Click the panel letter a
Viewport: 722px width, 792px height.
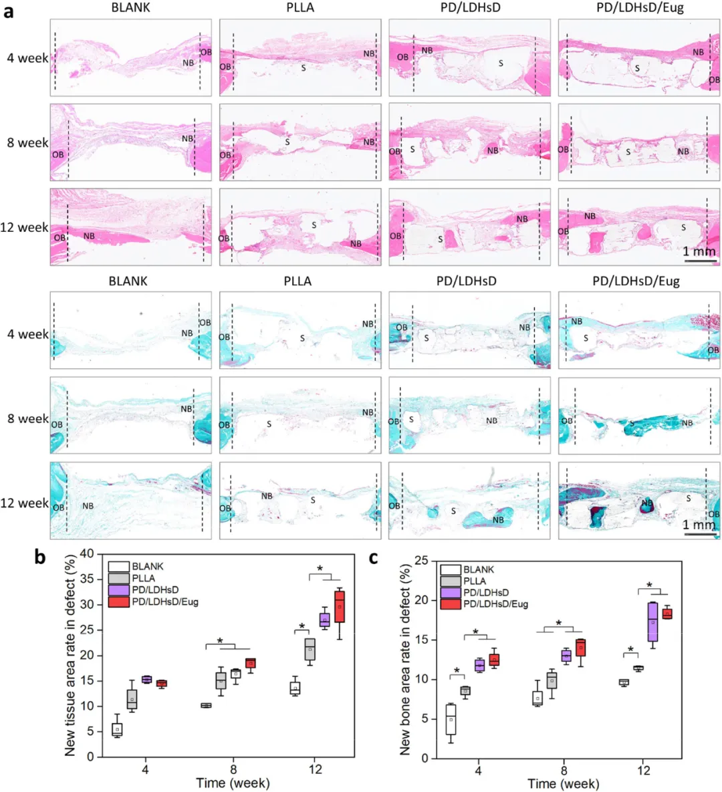click(9, 11)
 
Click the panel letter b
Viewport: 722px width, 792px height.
click(41, 557)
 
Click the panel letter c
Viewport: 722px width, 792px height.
click(374, 557)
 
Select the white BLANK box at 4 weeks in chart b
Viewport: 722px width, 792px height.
click(117, 729)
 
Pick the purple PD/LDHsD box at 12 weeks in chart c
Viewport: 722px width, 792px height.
click(652, 622)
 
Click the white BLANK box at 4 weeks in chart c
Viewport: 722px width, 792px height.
click(451, 719)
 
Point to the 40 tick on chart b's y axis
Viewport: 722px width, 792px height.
click(86, 553)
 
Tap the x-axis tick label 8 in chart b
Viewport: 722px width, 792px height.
click(233, 769)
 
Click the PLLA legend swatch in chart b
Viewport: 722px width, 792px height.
click(118, 578)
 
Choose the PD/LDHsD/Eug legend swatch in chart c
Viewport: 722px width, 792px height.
click(451, 604)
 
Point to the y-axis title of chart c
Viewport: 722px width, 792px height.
click(405, 660)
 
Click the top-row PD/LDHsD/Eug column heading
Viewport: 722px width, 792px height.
click(640, 8)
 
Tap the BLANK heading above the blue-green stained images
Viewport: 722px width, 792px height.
click(128, 281)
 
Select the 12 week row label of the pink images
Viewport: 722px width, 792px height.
click(24, 227)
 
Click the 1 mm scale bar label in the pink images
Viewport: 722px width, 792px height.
click(699, 252)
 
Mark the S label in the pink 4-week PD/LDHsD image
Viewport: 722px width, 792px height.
click(501, 63)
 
